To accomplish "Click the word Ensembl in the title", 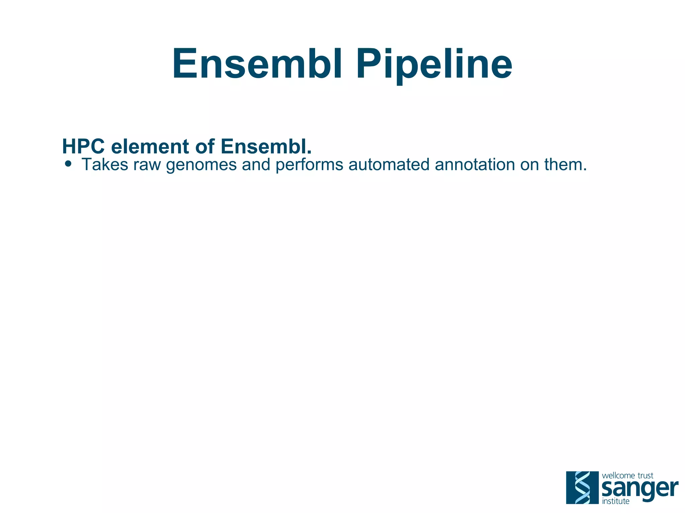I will [257, 64].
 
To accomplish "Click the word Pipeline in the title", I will [434, 64].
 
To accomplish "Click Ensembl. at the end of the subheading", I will [266, 147].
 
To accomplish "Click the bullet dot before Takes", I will [69, 164].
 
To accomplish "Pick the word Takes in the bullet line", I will [105, 164].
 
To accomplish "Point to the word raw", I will [147, 164].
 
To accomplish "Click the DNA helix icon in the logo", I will [582, 488].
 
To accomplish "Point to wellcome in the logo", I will [618, 476].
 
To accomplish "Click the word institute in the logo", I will [615, 501].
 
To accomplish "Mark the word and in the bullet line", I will [256, 164].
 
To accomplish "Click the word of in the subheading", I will [205, 147].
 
